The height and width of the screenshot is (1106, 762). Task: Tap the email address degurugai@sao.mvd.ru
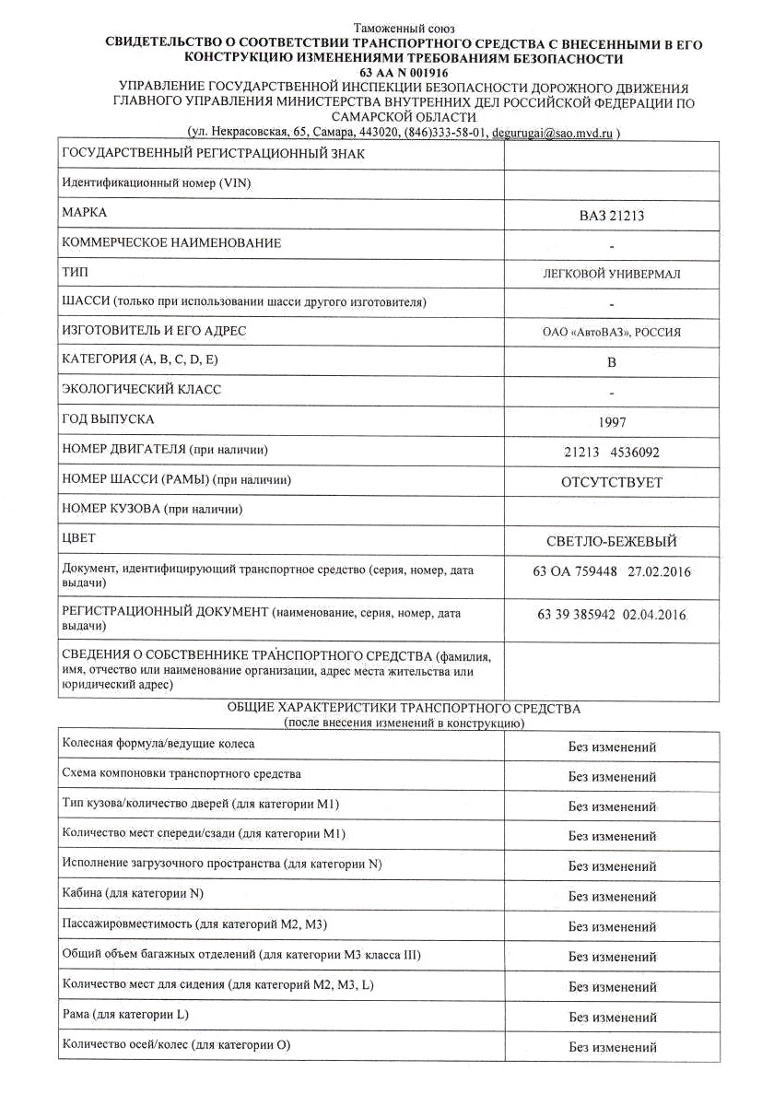point(551,134)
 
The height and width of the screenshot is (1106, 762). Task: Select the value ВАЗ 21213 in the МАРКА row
point(612,217)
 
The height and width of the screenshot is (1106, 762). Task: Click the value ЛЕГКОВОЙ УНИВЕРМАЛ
point(612,274)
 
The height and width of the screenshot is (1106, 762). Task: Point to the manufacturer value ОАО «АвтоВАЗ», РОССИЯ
point(612,333)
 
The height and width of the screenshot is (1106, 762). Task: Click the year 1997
point(612,422)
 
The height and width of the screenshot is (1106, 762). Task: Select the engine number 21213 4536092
point(612,453)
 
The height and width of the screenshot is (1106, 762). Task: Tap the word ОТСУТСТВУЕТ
point(612,482)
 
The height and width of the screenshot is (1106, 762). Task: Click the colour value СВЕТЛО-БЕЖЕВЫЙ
point(612,541)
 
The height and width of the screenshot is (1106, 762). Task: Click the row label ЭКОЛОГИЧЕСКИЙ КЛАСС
point(141,390)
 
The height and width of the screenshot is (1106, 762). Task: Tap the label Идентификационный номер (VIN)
point(156,182)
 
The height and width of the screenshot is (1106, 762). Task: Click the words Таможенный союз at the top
point(404,29)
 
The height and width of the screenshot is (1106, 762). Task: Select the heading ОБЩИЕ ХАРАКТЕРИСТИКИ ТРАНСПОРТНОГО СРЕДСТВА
point(404,709)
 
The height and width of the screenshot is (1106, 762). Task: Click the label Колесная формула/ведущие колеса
point(158,743)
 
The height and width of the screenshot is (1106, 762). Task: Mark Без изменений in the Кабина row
point(612,896)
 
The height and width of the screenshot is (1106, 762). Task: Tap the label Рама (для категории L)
point(125,1014)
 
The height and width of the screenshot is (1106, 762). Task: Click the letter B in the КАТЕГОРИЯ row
point(611,362)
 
